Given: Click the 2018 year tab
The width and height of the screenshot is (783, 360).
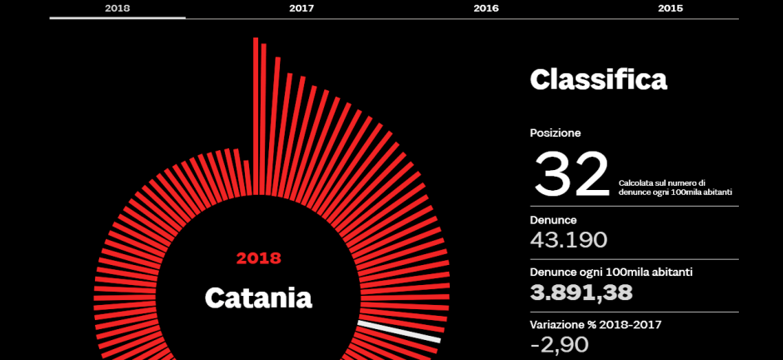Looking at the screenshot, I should pos(117,7).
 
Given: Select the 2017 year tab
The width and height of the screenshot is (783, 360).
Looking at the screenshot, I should pos(302,7).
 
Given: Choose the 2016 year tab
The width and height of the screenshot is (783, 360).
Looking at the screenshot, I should pos(486,7).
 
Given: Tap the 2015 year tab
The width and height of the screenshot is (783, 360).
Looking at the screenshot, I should pos(670,7).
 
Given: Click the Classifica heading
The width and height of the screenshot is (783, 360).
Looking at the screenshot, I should pos(598,80).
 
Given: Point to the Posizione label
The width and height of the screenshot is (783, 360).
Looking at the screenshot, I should pos(555,132).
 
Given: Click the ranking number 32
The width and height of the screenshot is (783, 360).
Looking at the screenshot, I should pos(571,173).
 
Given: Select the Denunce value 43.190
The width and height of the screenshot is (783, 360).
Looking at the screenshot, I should pos(569,240).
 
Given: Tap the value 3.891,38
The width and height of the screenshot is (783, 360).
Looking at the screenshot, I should pos(581,292).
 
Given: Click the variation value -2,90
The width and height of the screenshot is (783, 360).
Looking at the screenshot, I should pos(559,344).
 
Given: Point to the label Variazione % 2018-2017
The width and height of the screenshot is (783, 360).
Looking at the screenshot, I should pos(596,324).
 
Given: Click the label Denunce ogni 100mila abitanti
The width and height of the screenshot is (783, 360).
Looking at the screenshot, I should pos(611,272).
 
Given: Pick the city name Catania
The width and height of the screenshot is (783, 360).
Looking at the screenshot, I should pos(258,297).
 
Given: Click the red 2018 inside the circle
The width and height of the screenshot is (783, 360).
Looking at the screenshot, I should pos(258,258).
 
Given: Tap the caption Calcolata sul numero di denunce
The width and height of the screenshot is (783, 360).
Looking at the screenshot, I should pos(662,182).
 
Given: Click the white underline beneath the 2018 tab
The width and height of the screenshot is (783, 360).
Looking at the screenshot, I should pos(117,17).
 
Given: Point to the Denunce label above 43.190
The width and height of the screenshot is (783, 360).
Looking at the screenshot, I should pos(553,220).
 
